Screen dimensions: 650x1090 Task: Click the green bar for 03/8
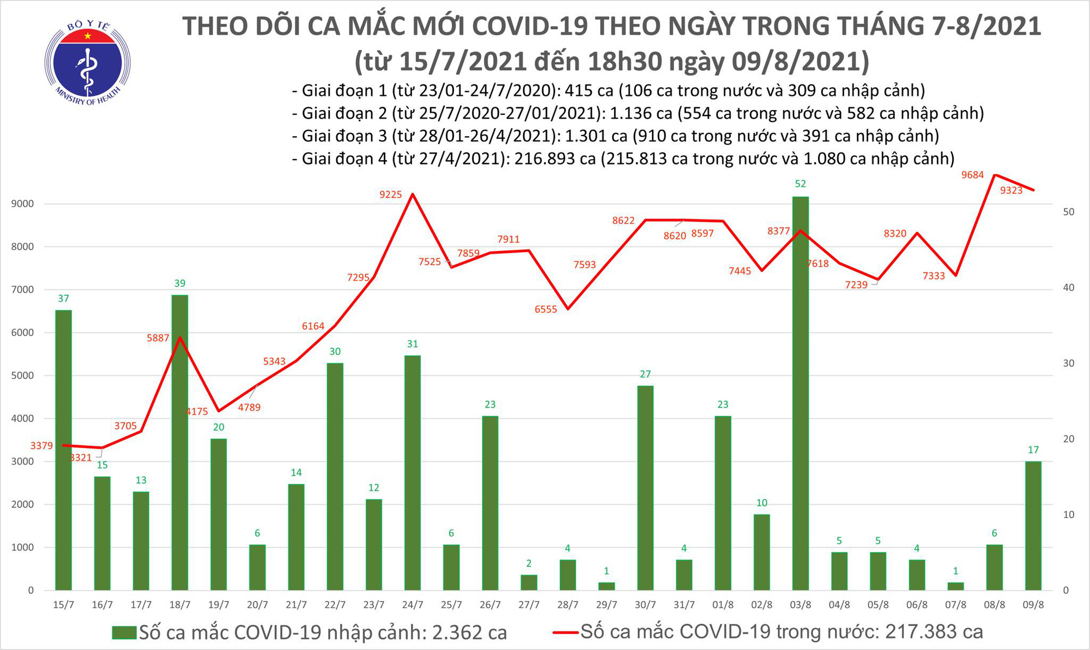[800, 392]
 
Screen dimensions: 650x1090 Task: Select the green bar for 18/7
[180, 441]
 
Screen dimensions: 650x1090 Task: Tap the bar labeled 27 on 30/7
[645, 488]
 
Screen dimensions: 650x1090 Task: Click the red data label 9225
[391, 195]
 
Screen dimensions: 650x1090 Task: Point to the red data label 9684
[973, 175]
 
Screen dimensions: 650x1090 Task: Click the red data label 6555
[546, 309]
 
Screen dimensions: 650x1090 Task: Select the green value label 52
[800, 184]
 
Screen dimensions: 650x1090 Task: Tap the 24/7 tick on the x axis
[413, 605]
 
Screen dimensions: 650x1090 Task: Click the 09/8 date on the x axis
[1033, 605]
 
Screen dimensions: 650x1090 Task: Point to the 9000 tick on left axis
[22, 204]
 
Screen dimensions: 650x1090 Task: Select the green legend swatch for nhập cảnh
[124, 633]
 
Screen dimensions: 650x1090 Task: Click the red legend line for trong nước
[565, 633]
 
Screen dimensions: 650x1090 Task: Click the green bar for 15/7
[64, 449]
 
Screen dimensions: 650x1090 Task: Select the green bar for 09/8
[1033, 526]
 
